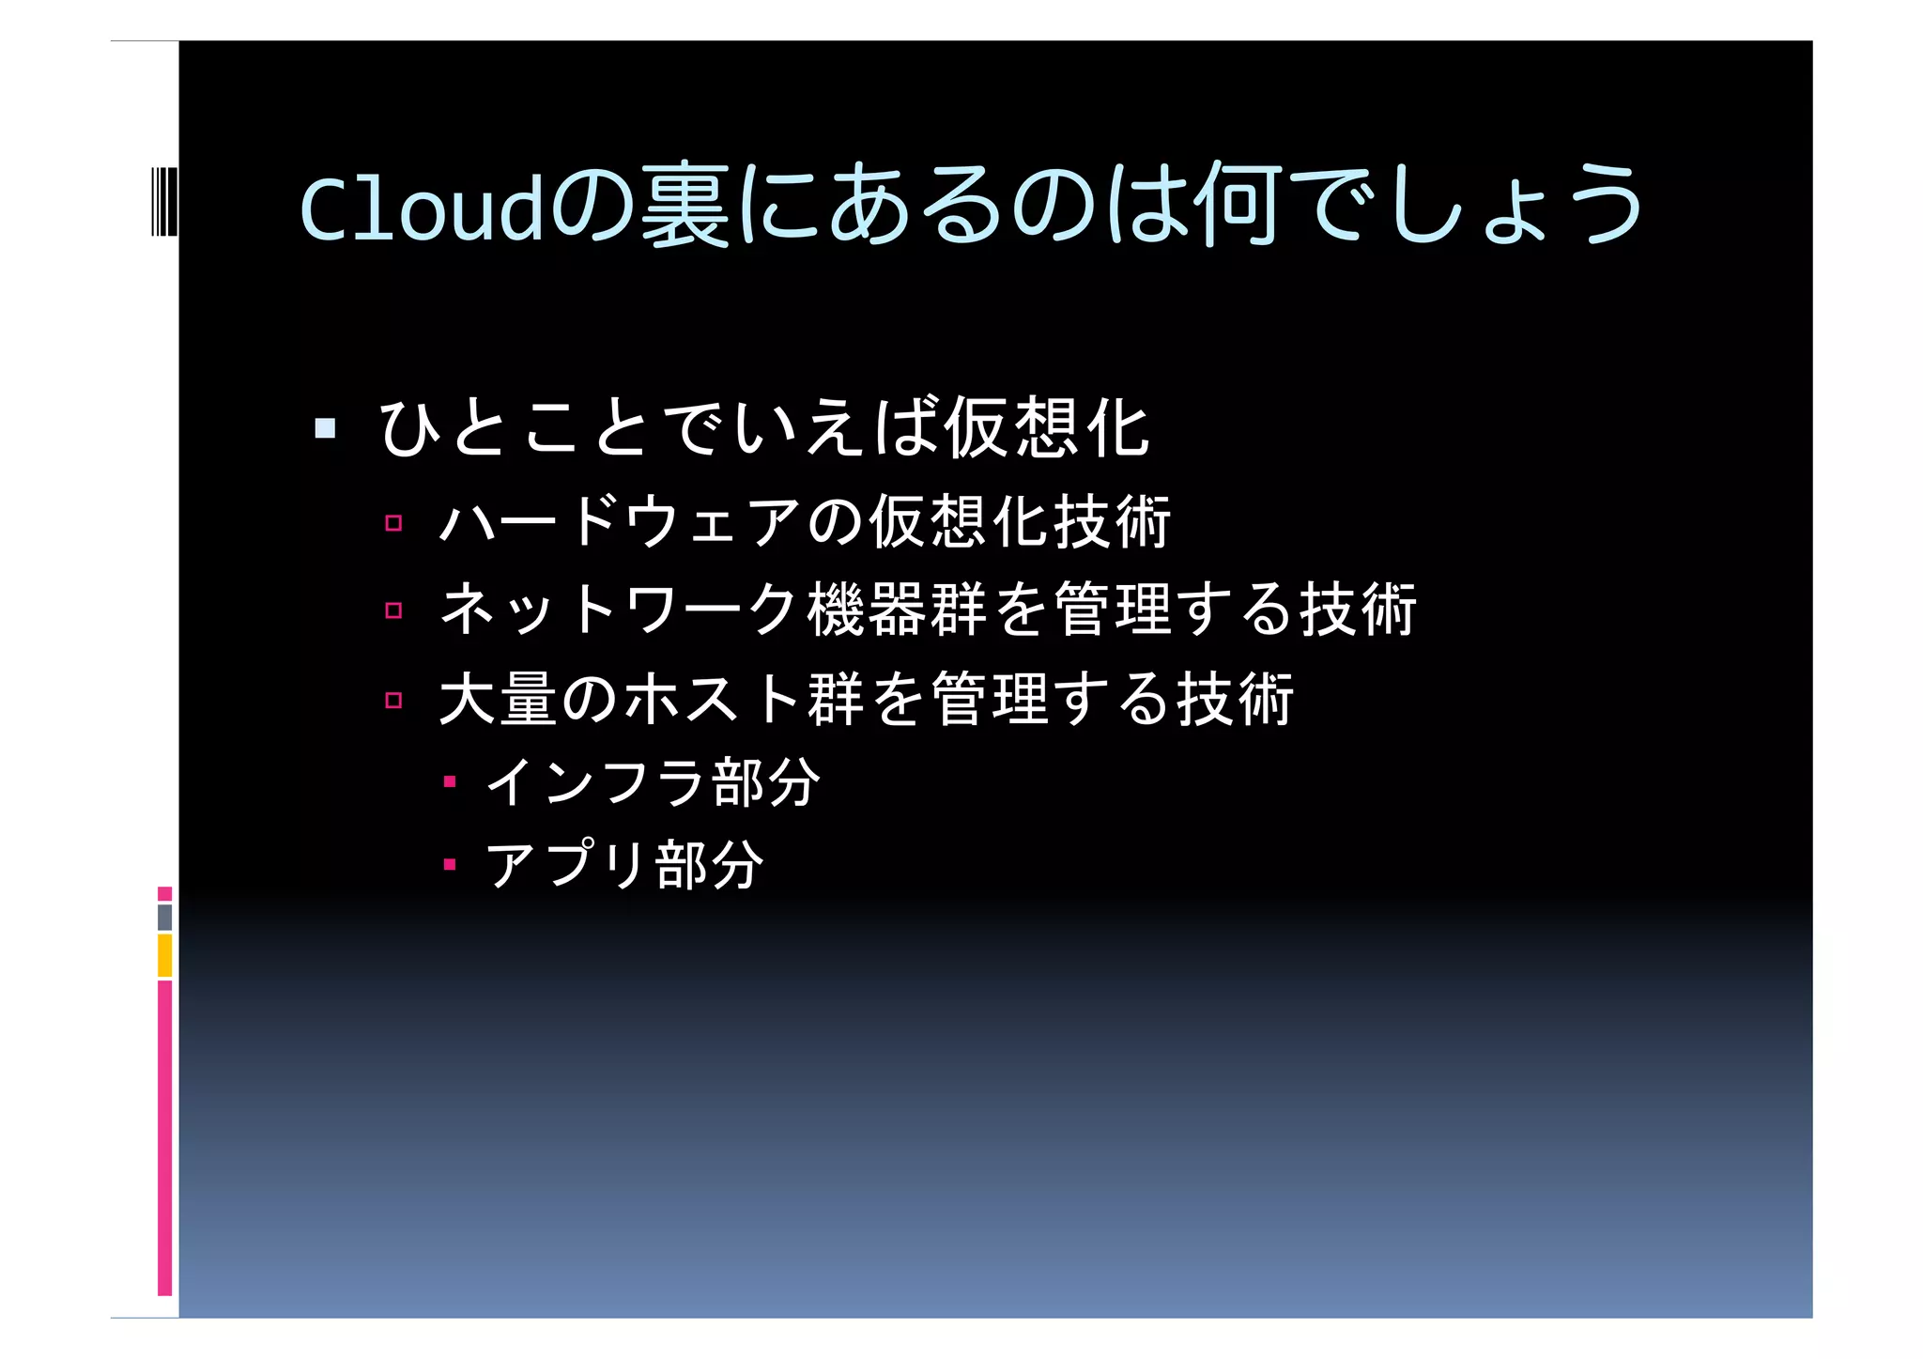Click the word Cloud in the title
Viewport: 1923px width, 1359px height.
point(422,208)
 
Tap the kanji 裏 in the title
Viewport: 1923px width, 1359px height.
point(685,205)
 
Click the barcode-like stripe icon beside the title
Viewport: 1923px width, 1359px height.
point(163,201)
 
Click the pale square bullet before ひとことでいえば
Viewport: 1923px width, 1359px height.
point(325,429)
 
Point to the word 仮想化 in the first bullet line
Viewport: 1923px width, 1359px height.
point(1046,428)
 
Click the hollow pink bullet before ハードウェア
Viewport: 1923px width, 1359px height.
point(393,523)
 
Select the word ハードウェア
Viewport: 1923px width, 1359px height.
point(620,521)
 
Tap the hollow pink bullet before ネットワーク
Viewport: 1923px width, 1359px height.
point(393,610)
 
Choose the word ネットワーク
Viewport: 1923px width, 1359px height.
point(620,609)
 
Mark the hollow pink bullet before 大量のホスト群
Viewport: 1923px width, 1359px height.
point(393,700)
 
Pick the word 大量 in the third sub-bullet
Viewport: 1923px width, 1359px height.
point(499,699)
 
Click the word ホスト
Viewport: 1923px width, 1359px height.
point(712,699)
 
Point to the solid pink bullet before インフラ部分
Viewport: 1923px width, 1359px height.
point(450,781)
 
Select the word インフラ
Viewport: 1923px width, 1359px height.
point(595,781)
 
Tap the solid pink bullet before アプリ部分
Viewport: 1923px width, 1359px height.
point(450,864)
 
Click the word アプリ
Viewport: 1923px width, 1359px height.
point(567,864)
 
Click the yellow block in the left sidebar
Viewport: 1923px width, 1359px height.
point(164,955)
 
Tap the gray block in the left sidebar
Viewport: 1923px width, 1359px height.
point(164,918)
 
